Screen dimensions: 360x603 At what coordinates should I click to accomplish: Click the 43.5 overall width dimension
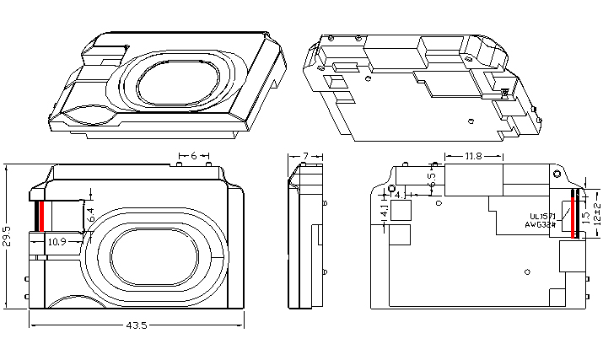click(137, 325)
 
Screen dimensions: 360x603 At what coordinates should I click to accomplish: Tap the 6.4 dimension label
click(91, 216)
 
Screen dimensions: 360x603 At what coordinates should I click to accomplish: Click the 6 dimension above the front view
click(194, 156)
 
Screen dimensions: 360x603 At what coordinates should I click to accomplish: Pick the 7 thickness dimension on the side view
click(305, 156)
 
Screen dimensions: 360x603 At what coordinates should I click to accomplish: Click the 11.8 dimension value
click(473, 156)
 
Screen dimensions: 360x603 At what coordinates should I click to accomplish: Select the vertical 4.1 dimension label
click(385, 212)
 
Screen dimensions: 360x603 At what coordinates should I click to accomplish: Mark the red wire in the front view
click(41, 217)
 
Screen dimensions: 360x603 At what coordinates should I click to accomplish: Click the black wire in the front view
click(36, 217)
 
